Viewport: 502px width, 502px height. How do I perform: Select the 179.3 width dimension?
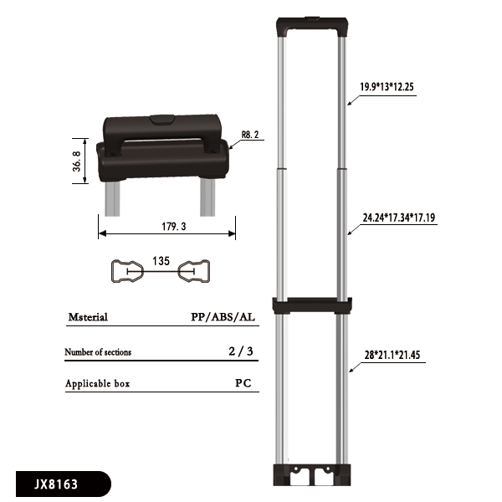[x=166, y=226]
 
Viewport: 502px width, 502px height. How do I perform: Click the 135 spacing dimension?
[x=161, y=261]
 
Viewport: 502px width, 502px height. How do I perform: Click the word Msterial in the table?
[x=87, y=318]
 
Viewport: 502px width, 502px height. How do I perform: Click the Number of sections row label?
[x=98, y=352]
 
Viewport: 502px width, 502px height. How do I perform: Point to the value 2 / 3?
[x=240, y=352]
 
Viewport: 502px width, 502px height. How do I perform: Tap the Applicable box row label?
[x=97, y=384]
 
